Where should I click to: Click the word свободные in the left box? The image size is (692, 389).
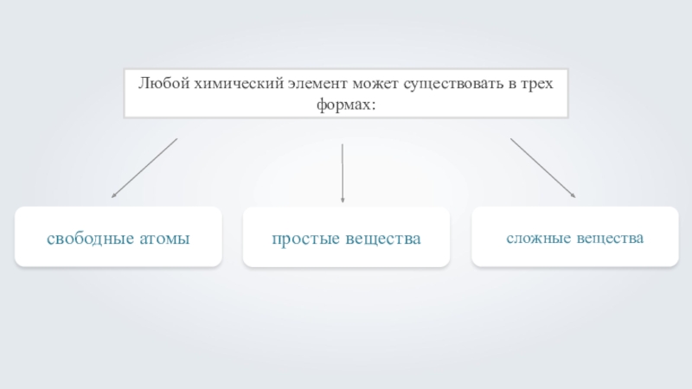point(91,237)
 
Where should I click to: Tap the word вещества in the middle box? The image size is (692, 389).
point(386,237)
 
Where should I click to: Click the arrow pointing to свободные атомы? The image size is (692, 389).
point(144,169)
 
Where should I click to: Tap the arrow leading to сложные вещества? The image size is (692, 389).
point(543,169)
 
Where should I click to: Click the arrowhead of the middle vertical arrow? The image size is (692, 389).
point(343,200)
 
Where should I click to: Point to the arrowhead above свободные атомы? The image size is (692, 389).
point(113,197)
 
